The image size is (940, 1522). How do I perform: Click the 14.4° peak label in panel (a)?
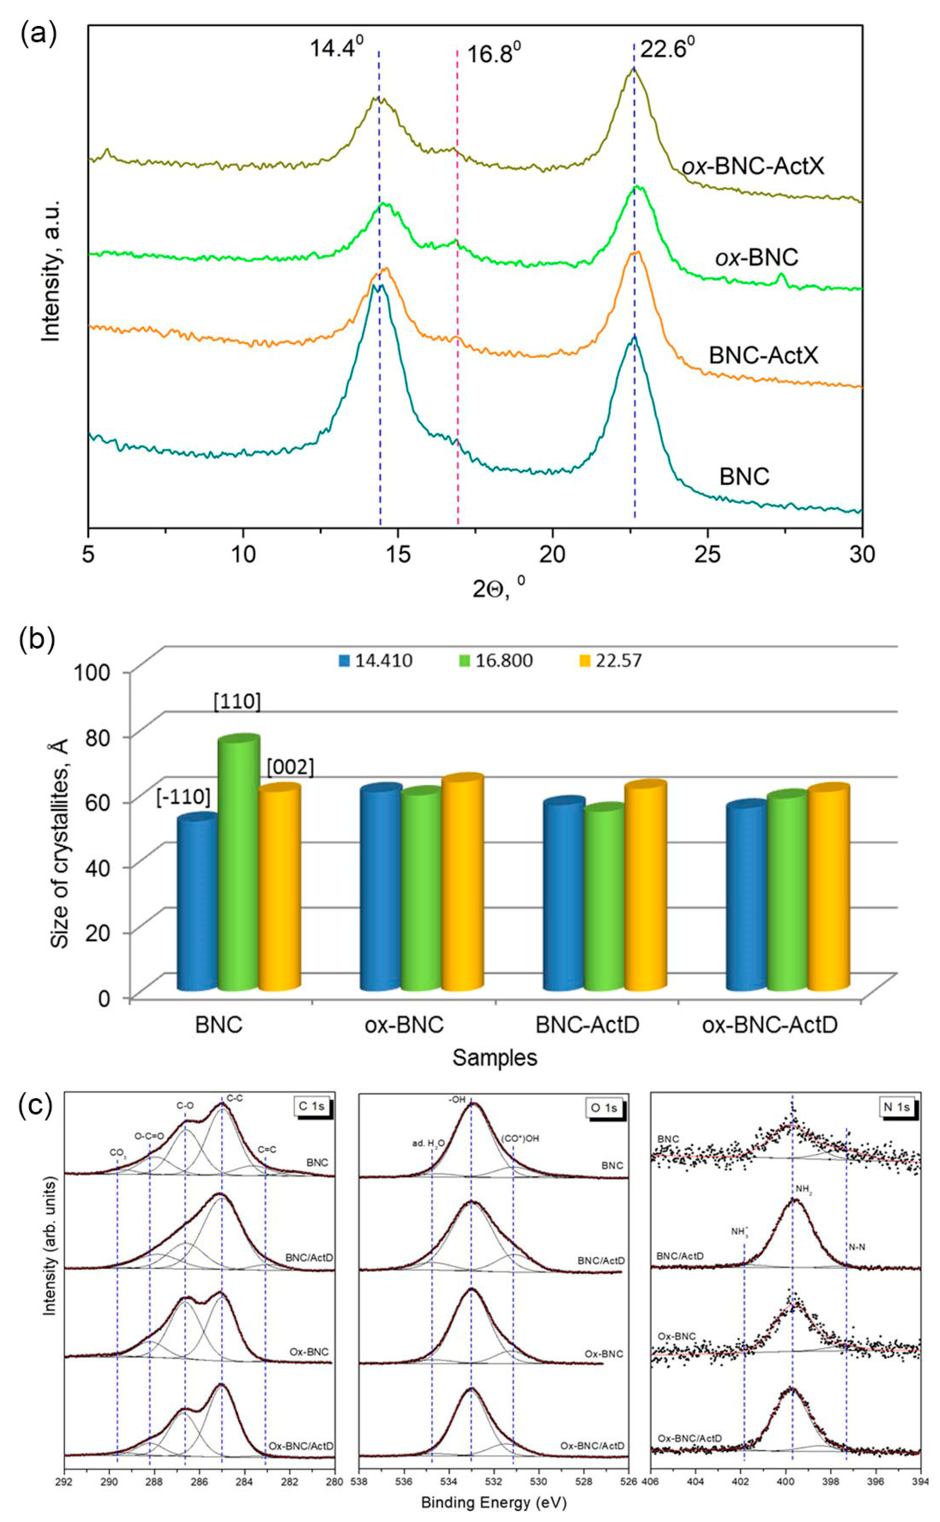pyautogui.click(x=336, y=47)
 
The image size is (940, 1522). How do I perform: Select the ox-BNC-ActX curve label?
pyautogui.click(x=753, y=166)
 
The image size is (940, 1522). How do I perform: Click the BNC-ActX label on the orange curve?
pyautogui.click(x=764, y=355)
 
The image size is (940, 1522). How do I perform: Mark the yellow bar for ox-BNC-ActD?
pyautogui.click(x=828, y=886)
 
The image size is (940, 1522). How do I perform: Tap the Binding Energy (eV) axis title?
pyautogui.click(x=493, y=1503)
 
